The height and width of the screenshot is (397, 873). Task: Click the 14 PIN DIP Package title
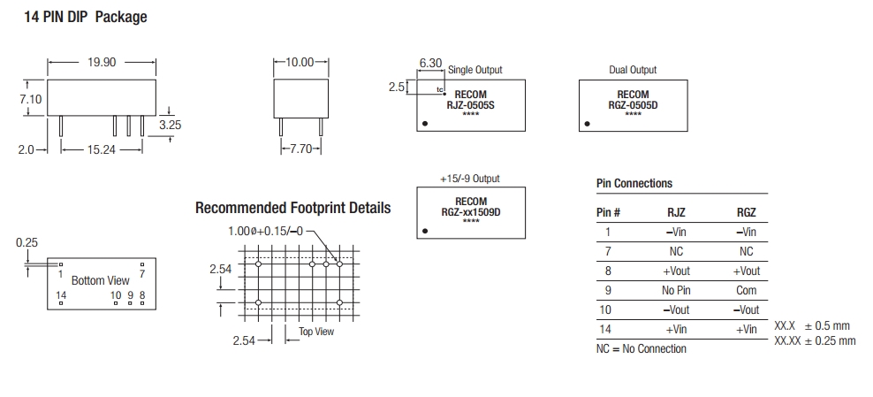pyautogui.click(x=85, y=17)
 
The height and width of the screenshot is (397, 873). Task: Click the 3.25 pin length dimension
pyautogui.click(x=170, y=126)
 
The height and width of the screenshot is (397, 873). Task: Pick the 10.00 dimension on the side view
pyautogui.click(x=300, y=63)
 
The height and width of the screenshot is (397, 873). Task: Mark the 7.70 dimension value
pyautogui.click(x=301, y=149)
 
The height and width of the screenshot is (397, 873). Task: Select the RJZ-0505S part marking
pyautogui.click(x=469, y=104)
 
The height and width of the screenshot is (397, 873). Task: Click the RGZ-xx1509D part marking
pyautogui.click(x=470, y=211)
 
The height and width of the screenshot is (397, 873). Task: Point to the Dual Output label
pyautogui.click(x=633, y=70)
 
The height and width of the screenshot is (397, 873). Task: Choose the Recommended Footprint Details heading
pyautogui.click(x=292, y=209)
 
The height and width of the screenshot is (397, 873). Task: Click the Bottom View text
pyautogui.click(x=100, y=280)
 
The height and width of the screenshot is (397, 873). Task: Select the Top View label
pyautogui.click(x=315, y=332)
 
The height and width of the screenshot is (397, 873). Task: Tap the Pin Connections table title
pyautogui.click(x=634, y=184)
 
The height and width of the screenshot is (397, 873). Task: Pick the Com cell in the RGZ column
pyautogui.click(x=746, y=290)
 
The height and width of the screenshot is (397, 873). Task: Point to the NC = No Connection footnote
pyautogui.click(x=641, y=348)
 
